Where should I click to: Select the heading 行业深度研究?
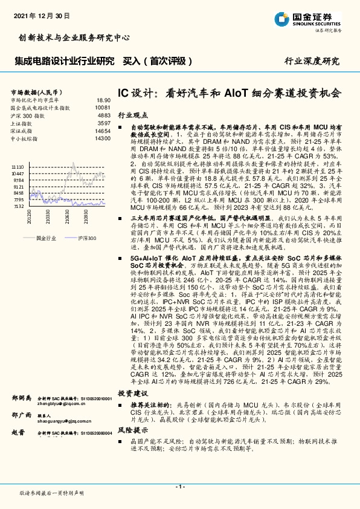[x=312, y=61]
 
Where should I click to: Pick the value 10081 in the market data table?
[x=102, y=108]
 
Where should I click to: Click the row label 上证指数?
[x=23, y=123]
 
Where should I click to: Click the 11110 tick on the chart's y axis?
[x=17, y=166]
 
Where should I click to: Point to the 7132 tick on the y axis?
[x=18, y=206]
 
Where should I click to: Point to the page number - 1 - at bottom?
[x=179, y=487]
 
